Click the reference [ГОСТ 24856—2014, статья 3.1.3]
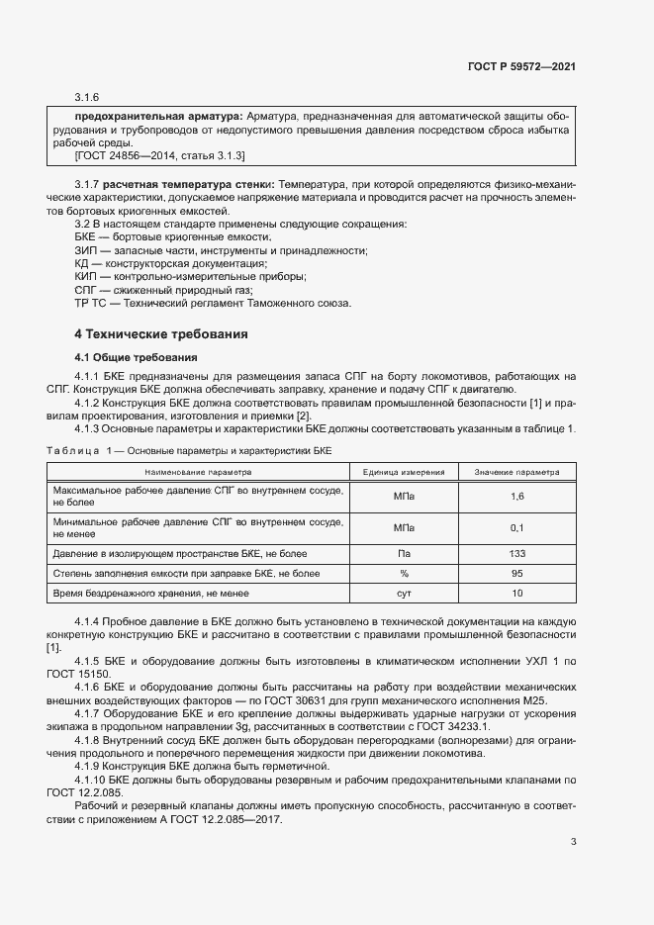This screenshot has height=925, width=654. (159, 156)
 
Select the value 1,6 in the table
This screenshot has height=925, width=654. (516, 497)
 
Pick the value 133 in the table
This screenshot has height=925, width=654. (516, 553)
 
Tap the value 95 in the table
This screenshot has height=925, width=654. (516, 573)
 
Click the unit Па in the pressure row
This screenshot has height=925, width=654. (404, 553)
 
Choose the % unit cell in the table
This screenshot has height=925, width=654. (404, 573)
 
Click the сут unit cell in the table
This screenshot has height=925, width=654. (404, 594)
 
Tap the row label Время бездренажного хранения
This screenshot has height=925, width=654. (151, 594)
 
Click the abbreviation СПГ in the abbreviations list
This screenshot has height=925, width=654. (87, 290)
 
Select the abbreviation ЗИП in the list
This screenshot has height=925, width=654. (87, 251)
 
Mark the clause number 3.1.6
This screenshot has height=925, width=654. (88, 96)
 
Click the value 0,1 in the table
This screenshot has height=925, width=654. (516, 527)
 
